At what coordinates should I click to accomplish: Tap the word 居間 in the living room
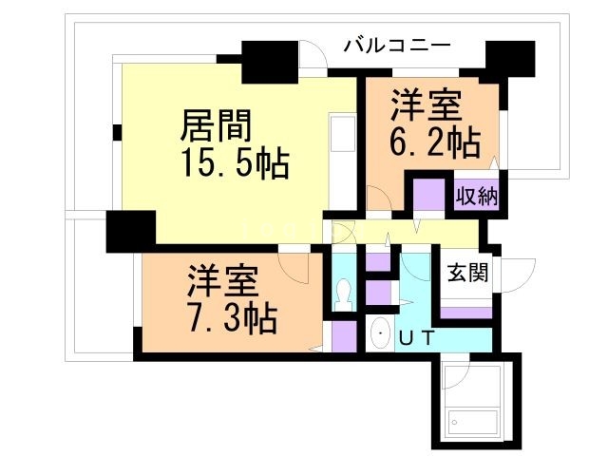(217, 126)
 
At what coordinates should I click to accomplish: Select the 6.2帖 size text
(432, 143)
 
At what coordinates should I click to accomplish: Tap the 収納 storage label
(478, 198)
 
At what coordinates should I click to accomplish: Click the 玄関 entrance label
(467, 275)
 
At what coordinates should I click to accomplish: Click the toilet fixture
(343, 295)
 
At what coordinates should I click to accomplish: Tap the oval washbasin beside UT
(381, 333)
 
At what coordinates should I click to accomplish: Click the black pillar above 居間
(269, 63)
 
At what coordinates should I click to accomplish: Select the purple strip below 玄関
(464, 312)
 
